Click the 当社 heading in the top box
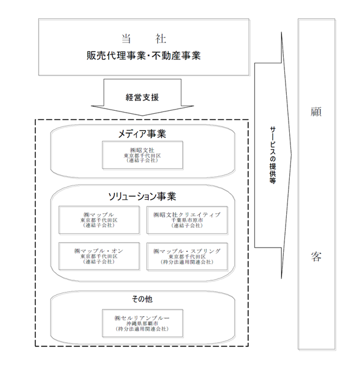click(144, 39)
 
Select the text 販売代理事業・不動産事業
click(143, 56)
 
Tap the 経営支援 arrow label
click(142, 97)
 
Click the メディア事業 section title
click(142, 134)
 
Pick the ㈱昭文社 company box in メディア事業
click(143, 155)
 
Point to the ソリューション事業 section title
click(142, 196)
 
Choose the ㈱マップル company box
click(99, 220)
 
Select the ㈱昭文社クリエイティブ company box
click(187, 220)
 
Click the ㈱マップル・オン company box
click(99, 256)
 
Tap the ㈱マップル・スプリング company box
click(187, 256)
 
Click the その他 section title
click(142, 299)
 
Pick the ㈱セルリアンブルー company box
click(143, 323)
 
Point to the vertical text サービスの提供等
click(273, 155)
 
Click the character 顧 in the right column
click(316, 112)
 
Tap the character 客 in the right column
click(316, 256)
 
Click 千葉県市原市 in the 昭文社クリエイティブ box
click(187, 220)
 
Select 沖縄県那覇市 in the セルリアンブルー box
click(142, 323)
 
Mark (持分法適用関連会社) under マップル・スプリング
click(187, 262)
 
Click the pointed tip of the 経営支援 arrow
click(142, 116)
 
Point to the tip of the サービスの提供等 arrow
click(292, 155)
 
